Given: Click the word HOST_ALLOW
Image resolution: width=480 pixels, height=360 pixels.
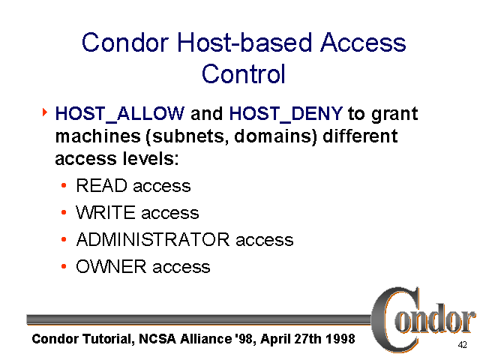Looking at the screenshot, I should pyautogui.click(x=120, y=114).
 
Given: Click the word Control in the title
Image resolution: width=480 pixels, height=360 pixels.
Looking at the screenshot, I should pyautogui.click(x=244, y=74).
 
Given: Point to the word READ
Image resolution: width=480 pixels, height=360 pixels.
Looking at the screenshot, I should pyautogui.click(x=101, y=186).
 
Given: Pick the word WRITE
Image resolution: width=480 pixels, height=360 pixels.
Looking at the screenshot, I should pyautogui.click(x=106, y=213).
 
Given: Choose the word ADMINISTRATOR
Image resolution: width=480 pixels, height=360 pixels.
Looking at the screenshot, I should pyautogui.click(x=153, y=240).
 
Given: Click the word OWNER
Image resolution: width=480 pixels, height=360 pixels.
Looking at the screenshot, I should pyautogui.click(x=112, y=267).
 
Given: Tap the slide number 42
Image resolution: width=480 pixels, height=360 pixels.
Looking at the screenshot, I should pyautogui.click(x=462, y=346).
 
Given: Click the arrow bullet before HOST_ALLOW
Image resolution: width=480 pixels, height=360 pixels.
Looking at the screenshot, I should pyautogui.click(x=44, y=113).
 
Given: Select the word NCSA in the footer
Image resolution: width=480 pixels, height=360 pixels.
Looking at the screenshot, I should pyautogui.click(x=156, y=339).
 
